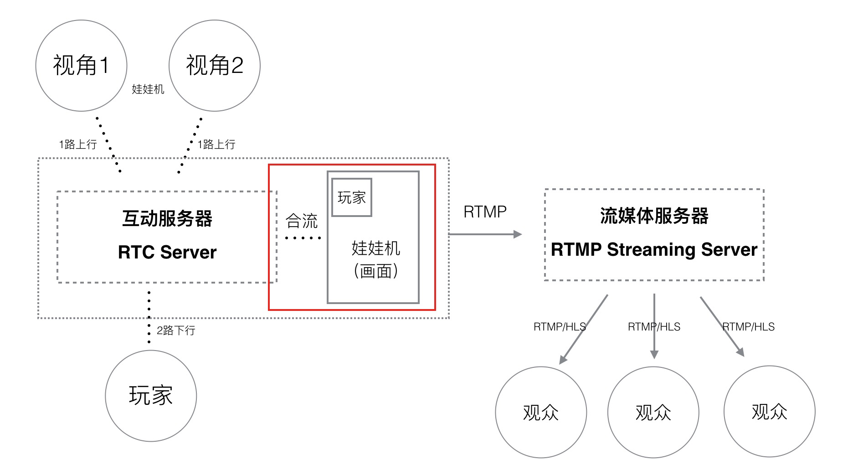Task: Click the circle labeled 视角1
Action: coord(81,65)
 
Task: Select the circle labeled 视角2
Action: coord(215,65)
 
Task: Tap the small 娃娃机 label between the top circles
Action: coord(148,89)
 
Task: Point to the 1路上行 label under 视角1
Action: coord(78,145)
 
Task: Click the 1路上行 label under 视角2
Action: coord(216,145)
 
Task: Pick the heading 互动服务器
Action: coord(167,218)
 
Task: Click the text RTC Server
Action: coord(167,252)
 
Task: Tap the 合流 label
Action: coord(301,221)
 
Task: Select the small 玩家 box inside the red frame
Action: coord(352,197)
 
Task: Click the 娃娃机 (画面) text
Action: coord(375,259)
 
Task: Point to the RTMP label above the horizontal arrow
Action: coord(485,212)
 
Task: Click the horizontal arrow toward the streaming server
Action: coord(485,234)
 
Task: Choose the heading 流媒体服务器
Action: coord(654,216)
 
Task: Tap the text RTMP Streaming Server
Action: coord(654,249)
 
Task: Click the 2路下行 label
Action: coord(176,330)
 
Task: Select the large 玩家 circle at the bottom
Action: coord(151,396)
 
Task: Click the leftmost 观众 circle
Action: coord(541,412)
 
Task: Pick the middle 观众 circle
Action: coord(653,412)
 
